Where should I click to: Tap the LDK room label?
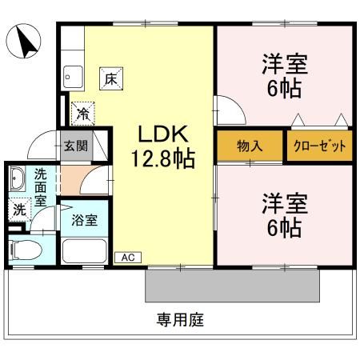point(162,134)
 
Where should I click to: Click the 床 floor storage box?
point(110,78)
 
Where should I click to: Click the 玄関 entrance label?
point(77,146)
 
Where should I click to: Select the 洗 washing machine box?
point(19,210)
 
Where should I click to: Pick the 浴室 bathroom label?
point(84,219)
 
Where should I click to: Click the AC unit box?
point(127,257)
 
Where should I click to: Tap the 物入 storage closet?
point(249,146)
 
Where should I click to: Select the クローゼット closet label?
point(320,146)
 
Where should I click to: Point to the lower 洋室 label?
point(284,205)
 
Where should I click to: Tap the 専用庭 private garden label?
point(181,321)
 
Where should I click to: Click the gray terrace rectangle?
point(233,285)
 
